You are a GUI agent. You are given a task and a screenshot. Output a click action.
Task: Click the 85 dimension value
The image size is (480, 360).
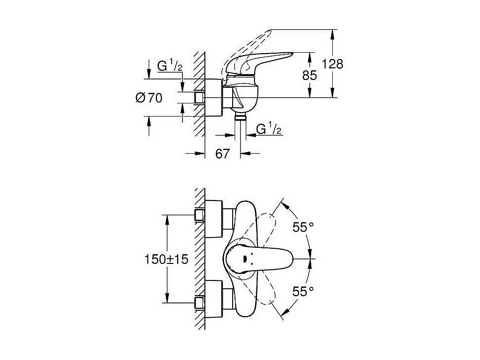click(309, 75)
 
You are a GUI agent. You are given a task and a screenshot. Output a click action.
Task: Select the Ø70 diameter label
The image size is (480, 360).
click(148, 98)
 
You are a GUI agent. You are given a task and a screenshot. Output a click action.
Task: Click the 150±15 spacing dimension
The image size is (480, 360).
click(166, 260)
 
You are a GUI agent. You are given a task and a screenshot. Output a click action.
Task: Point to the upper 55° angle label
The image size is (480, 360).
click(303, 227)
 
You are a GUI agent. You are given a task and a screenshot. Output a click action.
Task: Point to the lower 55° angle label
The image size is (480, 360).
click(303, 292)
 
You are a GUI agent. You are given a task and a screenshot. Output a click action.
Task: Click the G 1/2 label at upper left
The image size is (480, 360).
click(169, 67)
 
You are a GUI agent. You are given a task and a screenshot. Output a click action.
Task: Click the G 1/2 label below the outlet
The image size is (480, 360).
click(269, 130)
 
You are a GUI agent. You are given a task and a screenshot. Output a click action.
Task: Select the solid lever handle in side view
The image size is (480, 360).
click(263, 61)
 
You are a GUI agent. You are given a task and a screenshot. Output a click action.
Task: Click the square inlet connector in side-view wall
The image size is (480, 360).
click(199, 98)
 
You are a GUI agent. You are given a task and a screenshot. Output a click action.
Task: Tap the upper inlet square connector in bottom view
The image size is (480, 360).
click(199, 215)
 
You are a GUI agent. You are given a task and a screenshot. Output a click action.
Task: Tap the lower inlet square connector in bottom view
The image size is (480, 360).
click(199, 302)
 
